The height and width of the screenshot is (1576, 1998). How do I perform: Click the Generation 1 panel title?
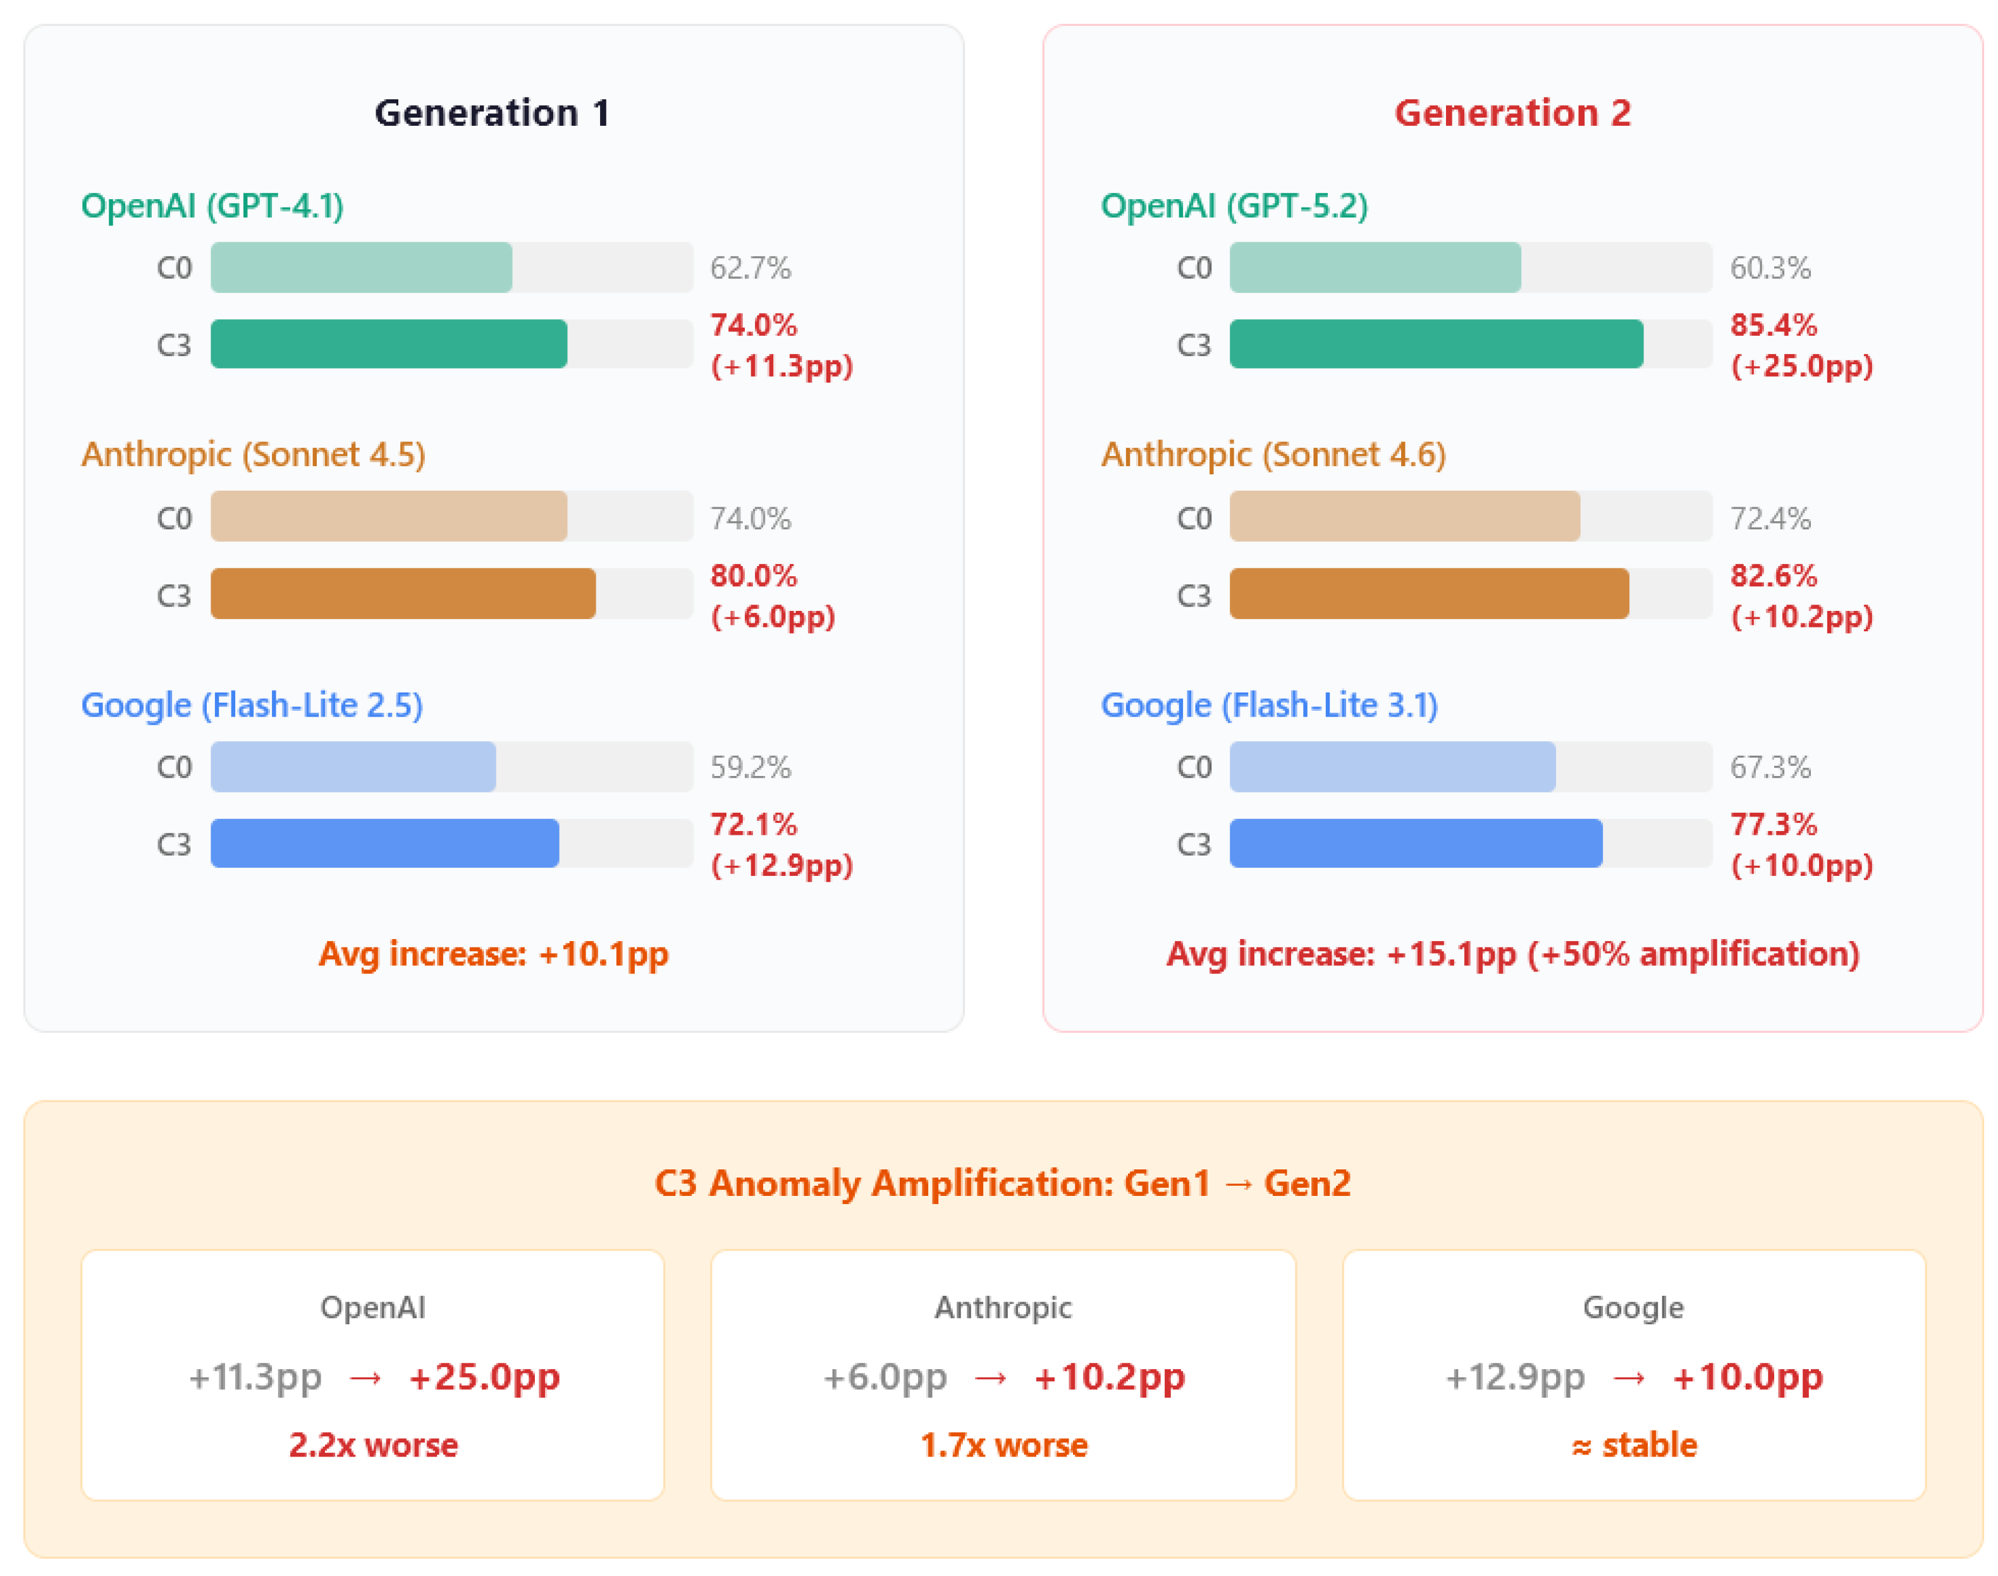[492, 113]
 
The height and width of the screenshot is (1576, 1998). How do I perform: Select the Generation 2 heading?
[1512, 113]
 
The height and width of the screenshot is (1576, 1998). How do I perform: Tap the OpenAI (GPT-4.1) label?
[212, 206]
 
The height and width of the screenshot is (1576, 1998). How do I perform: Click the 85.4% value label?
[1773, 325]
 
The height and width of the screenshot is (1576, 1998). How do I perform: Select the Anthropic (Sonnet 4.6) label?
[1273, 455]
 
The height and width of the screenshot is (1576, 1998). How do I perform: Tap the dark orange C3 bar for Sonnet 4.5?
[403, 593]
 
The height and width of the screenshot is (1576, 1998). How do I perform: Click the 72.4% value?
[1770, 519]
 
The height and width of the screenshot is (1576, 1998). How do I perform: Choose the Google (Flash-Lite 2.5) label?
[252, 705]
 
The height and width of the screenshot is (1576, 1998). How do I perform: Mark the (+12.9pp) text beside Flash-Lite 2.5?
[781, 866]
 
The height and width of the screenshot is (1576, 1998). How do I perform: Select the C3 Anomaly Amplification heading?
[1003, 1183]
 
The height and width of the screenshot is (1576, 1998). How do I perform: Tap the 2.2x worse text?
[372, 1445]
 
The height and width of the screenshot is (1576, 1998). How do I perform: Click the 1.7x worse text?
[1003, 1445]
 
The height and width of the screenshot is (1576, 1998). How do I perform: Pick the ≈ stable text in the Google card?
[1634, 1445]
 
